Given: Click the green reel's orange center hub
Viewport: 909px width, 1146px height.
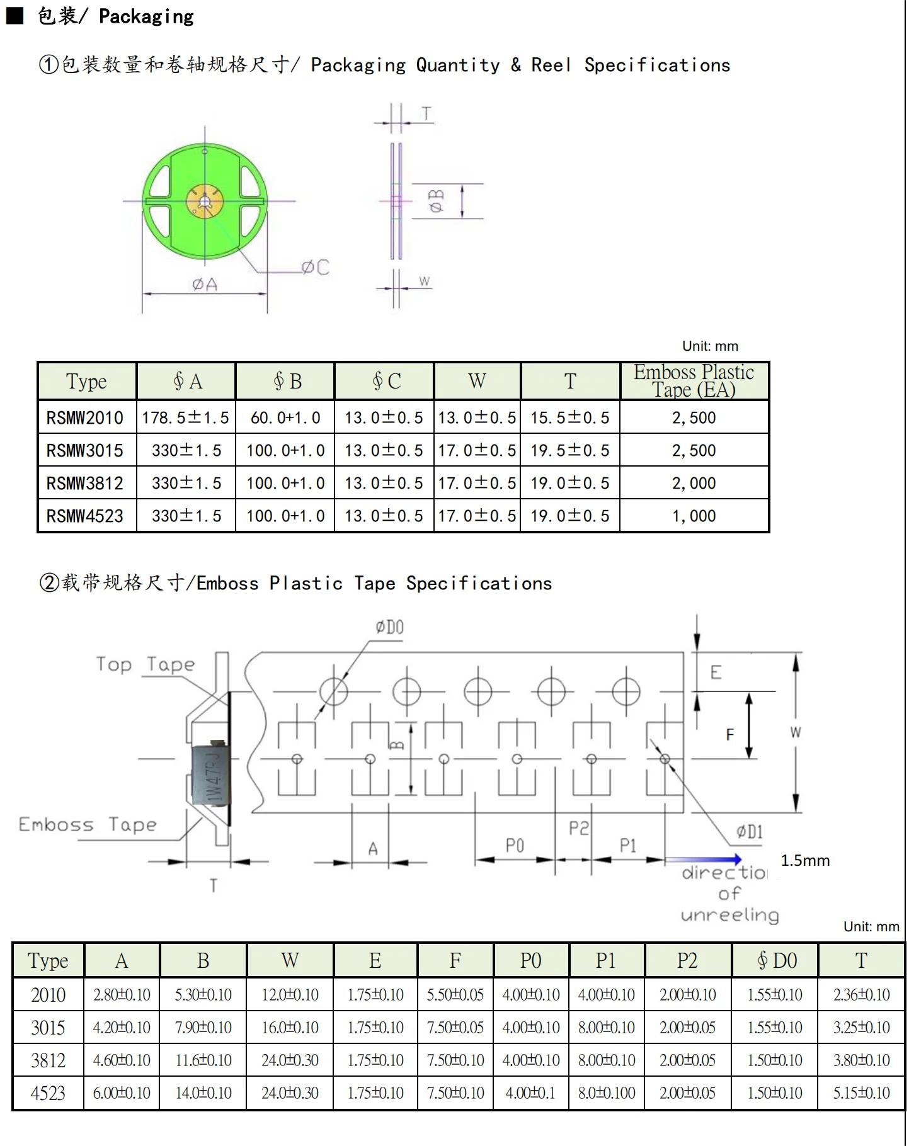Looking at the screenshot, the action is tap(205, 201).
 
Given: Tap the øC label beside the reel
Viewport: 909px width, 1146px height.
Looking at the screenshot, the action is tap(315, 268).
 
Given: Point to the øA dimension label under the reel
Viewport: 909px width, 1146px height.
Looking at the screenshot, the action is tap(205, 285).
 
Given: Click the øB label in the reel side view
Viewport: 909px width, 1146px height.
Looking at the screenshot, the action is tap(437, 201).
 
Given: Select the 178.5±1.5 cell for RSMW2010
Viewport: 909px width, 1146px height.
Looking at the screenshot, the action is tap(186, 417).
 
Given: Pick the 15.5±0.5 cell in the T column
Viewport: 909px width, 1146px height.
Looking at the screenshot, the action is tap(570, 417).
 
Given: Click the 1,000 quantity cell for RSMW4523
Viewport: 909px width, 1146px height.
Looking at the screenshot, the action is tap(694, 516).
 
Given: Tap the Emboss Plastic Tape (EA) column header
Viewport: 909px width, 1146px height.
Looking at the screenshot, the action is tap(694, 381).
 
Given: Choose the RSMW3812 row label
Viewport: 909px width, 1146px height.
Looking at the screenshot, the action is tap(85, 483).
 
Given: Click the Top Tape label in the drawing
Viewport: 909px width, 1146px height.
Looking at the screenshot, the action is tap(146, 664).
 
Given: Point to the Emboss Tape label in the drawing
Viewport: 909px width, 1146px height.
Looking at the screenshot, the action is tap(88, 824).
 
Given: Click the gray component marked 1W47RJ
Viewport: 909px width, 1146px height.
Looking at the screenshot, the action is tap(211, 775).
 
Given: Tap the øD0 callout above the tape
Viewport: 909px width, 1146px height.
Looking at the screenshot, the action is tap(390, 627).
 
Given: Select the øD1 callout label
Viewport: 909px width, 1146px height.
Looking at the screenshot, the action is tap(750, 832).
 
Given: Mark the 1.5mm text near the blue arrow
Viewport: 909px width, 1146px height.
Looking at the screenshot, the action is tap(805, 861).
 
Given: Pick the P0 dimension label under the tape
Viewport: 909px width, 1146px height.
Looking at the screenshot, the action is tap(515, 845).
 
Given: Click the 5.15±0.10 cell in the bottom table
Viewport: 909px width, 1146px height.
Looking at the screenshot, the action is tap(861, 1092).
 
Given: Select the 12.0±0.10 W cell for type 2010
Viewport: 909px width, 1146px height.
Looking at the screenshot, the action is tap(290, 994).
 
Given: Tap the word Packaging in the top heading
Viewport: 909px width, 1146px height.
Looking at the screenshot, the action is tap(146, 16).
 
